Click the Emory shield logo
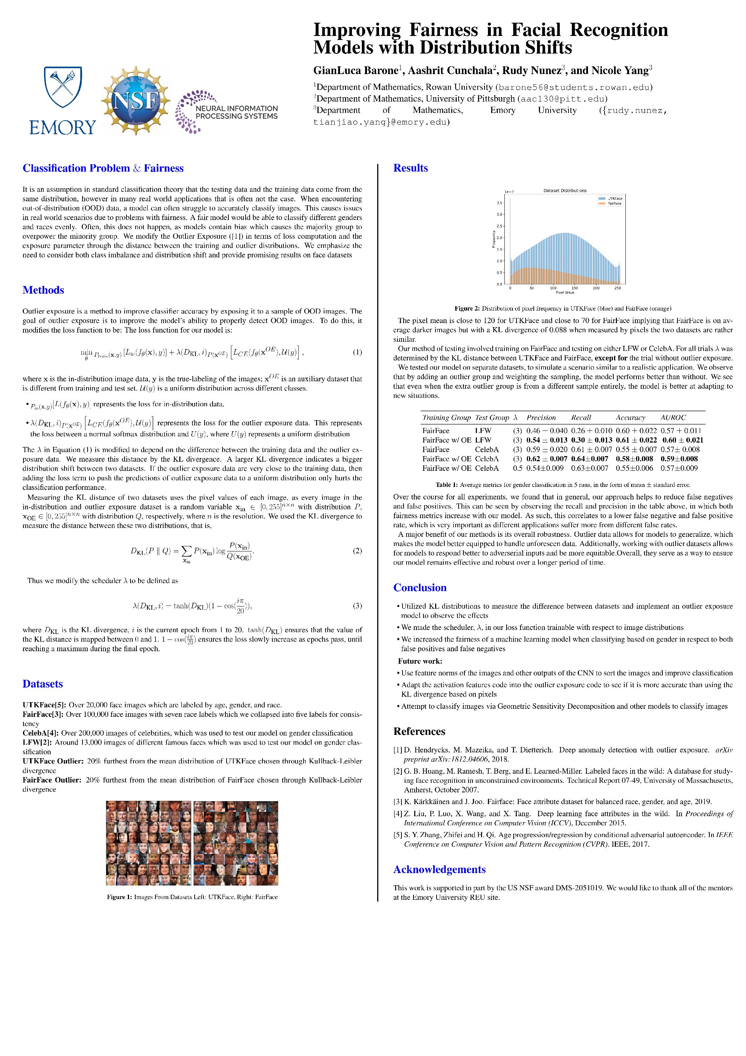[63, 87]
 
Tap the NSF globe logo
[136, 100]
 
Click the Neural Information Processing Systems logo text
[236, 112]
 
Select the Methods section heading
[43, 290]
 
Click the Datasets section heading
[43, 684]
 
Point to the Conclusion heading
[419, 588]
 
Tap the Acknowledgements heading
[439, 869]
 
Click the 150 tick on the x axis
[574, 288]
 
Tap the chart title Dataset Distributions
[565, 190]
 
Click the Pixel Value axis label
[565, 293]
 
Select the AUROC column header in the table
[673, 418]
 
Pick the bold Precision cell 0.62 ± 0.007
[546, 459]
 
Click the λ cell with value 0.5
[517, 468]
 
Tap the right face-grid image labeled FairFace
[235, 843]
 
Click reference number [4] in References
[398, 814]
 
